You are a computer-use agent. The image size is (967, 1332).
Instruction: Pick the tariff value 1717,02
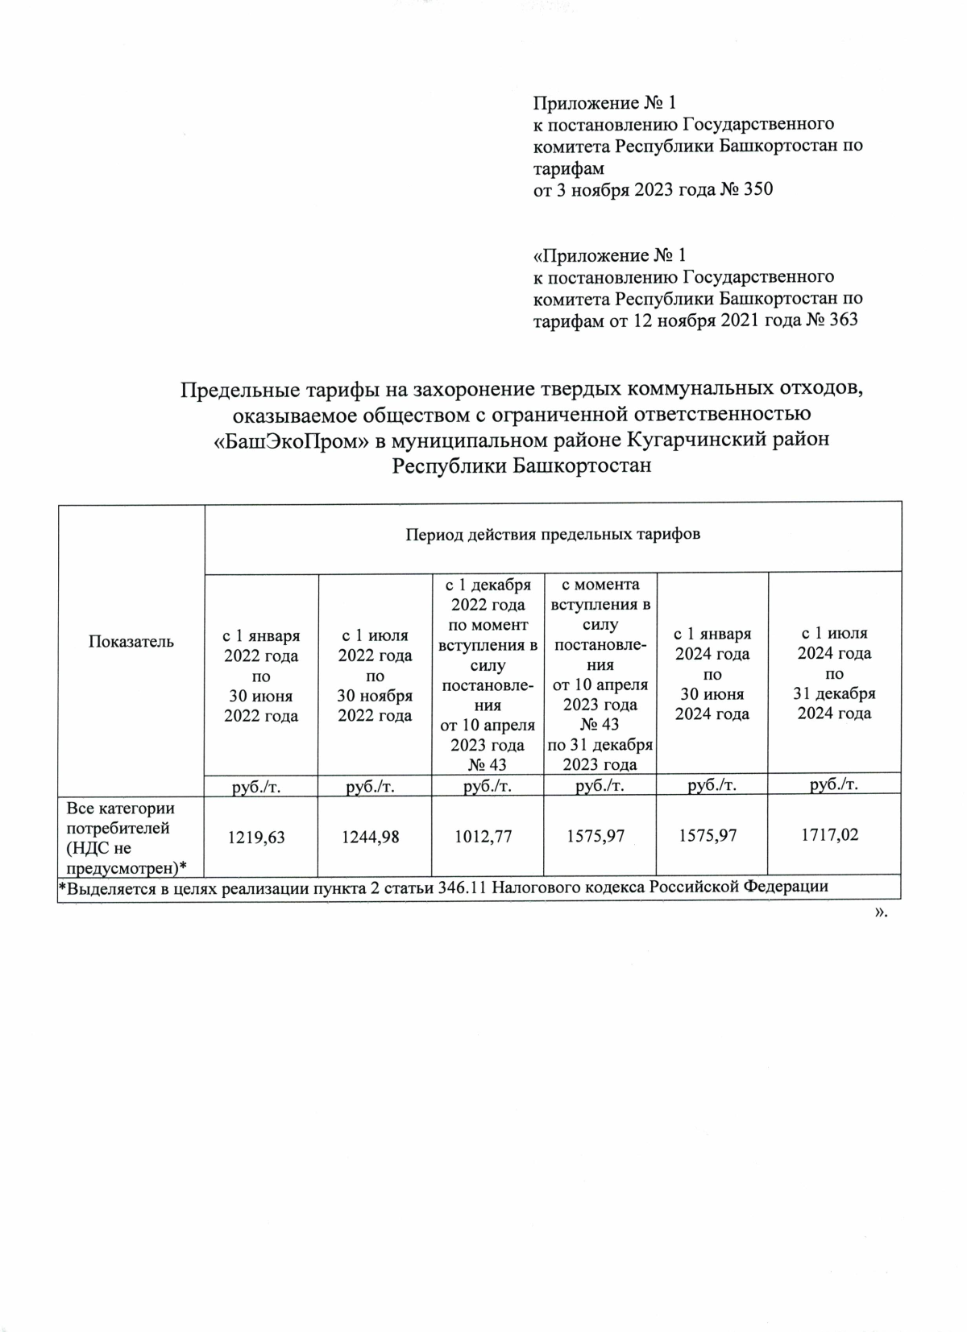click(x=829, y=835)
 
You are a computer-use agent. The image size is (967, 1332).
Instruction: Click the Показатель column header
click(x=131, y=641)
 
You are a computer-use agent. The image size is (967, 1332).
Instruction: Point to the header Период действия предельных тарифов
click(x=552, y=534)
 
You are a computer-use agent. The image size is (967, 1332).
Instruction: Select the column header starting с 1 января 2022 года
click(x=261, y=675)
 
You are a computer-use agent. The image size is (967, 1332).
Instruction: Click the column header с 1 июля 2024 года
click(x=834, y=672)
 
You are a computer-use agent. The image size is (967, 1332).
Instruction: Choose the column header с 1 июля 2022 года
click(x=375, y=675)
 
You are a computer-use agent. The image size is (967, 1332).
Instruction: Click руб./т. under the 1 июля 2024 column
click(x=833, y=784)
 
